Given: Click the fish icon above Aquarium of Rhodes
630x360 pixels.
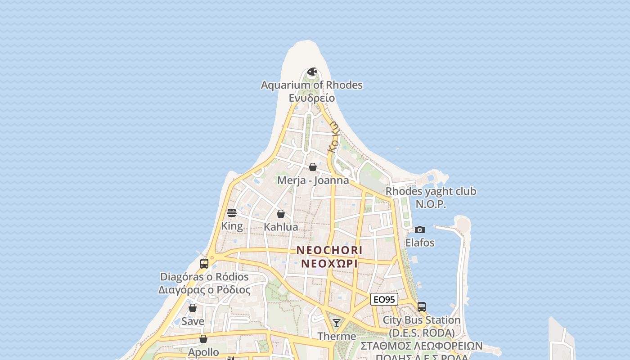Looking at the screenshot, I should tap(312, 72).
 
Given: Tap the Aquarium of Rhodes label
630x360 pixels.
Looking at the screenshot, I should tap(312, 85).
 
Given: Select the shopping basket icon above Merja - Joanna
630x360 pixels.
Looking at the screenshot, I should tap(313, 167).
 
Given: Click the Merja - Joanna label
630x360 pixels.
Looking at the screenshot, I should tap(313, 180).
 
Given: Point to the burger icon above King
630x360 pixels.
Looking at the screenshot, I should tap(232, 213).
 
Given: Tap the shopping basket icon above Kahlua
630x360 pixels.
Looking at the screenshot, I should tap(281, 214).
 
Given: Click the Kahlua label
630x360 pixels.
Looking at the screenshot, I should tap(281, 227).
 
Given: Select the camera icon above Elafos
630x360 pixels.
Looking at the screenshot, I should tap(419, 229).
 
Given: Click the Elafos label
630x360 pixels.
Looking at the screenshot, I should tap(420, 243).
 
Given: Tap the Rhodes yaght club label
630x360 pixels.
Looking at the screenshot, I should tap(431, 191).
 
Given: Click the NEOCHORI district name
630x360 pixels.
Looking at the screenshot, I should tap(329, 250).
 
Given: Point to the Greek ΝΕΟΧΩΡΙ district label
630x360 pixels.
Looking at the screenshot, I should tap(329, 264).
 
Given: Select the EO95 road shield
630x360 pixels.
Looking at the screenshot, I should tap(384, 299).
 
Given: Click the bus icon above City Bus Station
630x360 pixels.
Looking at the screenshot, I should tap(422, 307).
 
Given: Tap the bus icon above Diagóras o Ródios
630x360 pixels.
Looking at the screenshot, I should tap(204, 264).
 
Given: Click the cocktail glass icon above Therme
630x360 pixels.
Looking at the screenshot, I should tap(337, 323).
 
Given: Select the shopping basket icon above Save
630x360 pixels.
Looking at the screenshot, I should tap(193, 308).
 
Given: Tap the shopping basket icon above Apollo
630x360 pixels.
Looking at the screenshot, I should tap(203, 339).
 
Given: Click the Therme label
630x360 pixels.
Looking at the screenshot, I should tap(337, 337).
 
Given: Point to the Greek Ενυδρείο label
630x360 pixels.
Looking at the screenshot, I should tap(312, 98).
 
